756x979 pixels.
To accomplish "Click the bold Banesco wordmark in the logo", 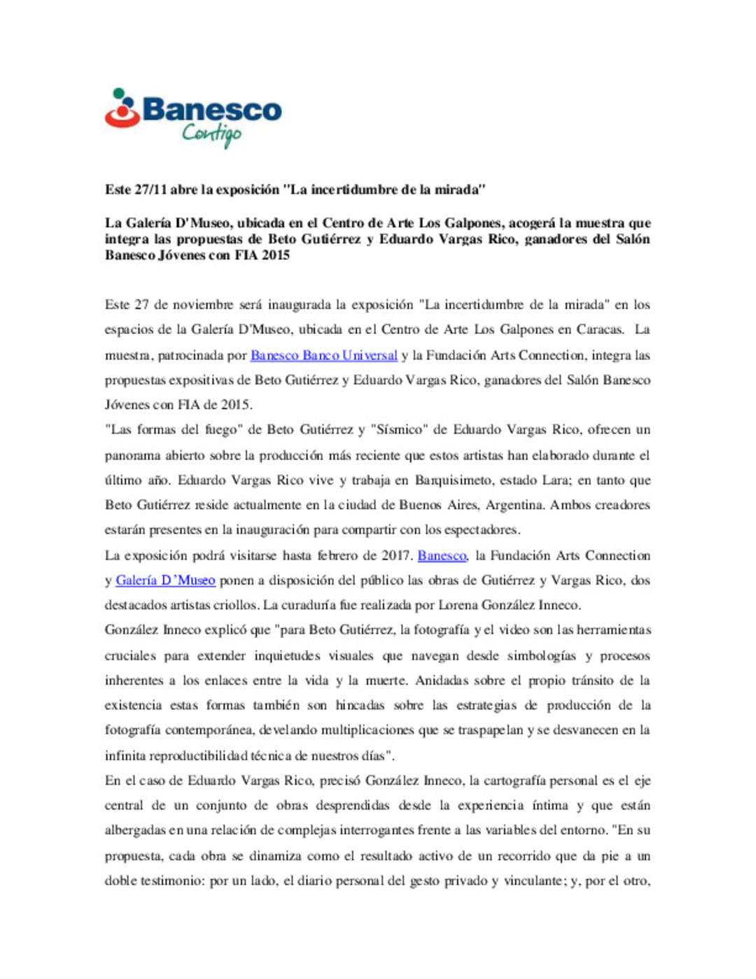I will click(x=211, y=111).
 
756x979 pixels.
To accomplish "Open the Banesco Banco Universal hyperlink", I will click(x=323, y=355).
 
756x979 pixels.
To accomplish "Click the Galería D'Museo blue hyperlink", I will click(x=165, y=580).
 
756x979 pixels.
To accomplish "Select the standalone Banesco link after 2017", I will click(x=442, y=555).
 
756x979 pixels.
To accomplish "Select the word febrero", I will click(x=338, y=555).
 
